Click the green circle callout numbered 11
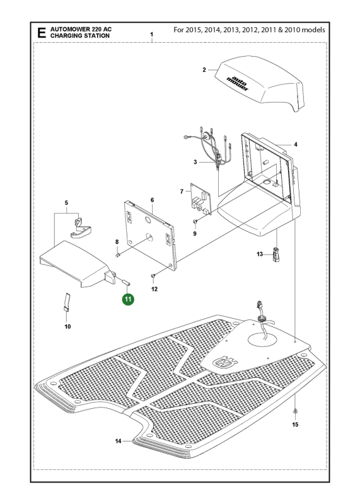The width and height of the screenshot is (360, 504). pos(128,299)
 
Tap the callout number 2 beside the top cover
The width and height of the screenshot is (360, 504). pos(204,70)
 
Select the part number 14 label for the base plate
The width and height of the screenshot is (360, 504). pos(118,441)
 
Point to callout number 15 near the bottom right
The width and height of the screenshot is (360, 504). pos(295,424)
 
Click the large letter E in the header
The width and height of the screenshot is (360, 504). pos(42,33)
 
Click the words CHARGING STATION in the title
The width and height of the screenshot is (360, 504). pos(80,36)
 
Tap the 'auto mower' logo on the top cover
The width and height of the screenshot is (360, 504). pos(237,83)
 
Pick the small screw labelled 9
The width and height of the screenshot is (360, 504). pos(195,222)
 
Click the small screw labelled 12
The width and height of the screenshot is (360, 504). pos(153,275)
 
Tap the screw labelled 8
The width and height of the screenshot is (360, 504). pos(117,255)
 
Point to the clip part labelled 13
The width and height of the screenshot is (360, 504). pos(276,255)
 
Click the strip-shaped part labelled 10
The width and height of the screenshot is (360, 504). pos(67,302)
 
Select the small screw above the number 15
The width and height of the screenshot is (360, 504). pos(295,411)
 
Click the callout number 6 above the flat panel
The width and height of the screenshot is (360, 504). pos(152,200)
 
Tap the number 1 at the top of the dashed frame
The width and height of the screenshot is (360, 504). pos(151,35)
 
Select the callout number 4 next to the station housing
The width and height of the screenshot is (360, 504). pos(296,145)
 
